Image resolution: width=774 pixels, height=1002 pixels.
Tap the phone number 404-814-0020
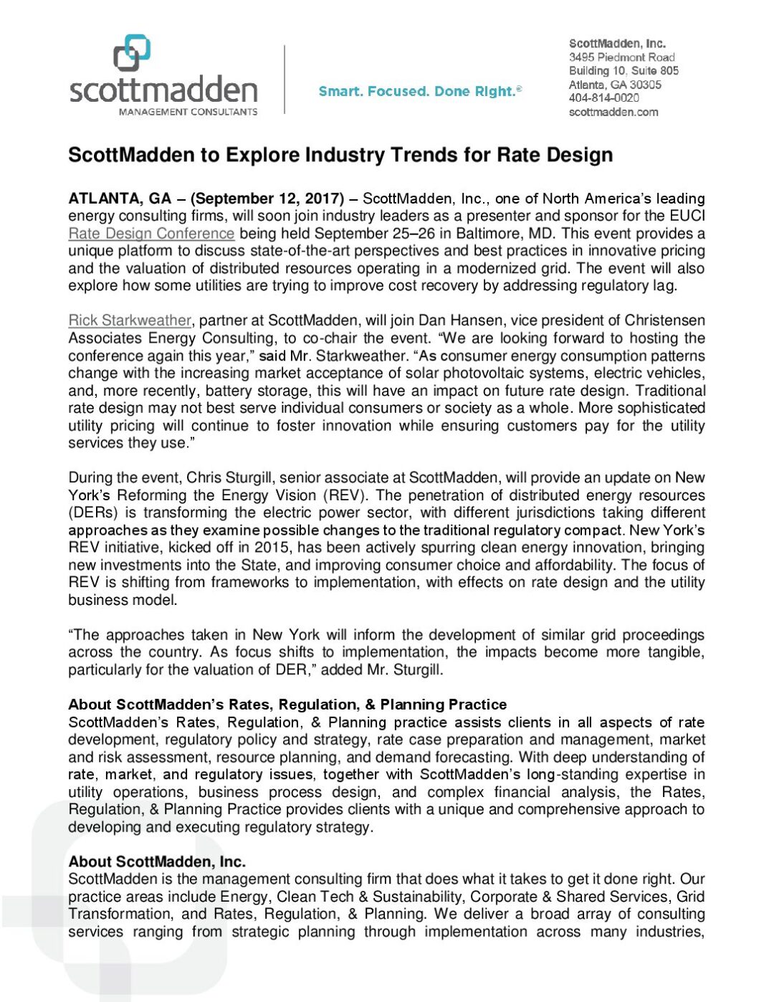(x=603, y=98)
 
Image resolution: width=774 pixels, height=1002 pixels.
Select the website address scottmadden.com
(x=613, y=112)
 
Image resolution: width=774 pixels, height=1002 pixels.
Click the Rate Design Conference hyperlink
(x=151, y=234)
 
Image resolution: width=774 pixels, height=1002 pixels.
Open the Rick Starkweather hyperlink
(x=130, y=320)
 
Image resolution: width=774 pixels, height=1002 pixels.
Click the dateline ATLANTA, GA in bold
(x=120, y=199)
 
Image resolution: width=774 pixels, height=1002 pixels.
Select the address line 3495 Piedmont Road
(x=621, y=57)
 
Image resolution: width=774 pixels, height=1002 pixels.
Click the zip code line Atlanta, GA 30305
(x=615, y=85)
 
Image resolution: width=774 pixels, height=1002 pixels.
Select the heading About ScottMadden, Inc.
(x=157, y=862)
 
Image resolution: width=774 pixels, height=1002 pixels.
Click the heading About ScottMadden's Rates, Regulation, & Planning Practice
(x=287, y=705)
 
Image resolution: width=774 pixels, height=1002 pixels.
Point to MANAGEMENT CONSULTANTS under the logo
(x=188, y=112)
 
